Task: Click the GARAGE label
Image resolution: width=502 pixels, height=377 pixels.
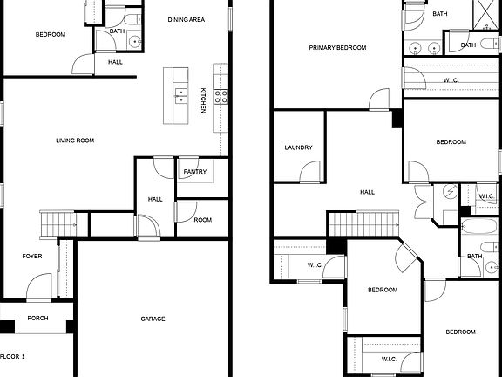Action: point(153,319)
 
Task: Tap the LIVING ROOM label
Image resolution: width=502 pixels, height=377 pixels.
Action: point(75,140)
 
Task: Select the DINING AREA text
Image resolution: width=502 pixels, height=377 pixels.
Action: point(186,19)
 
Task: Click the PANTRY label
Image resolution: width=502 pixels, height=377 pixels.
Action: point(195,172)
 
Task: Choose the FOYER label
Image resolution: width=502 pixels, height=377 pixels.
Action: point(32,256)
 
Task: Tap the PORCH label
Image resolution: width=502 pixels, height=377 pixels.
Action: point(37,318)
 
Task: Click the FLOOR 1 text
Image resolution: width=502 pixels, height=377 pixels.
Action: point(13,357)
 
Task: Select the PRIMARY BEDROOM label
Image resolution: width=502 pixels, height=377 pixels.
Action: point(337,48)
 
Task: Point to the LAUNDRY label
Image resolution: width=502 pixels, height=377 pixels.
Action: point(298,147)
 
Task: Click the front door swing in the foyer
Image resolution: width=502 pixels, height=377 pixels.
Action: point(38,286)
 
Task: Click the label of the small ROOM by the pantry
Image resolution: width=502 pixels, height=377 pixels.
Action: point(202,220)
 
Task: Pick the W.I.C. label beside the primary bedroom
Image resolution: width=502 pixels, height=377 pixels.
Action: point(451,80)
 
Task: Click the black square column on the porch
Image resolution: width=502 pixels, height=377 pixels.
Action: point(8,328)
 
